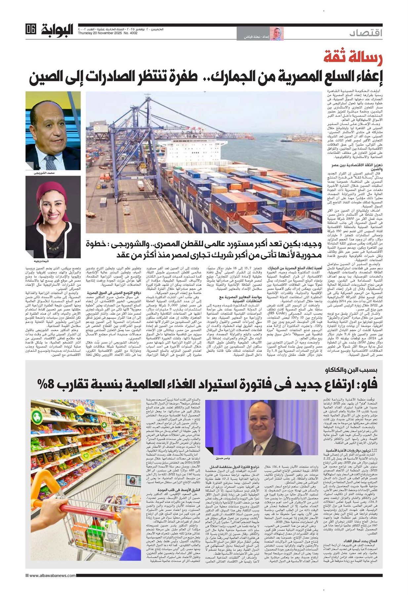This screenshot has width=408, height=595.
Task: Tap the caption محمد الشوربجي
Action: (44, 173)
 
